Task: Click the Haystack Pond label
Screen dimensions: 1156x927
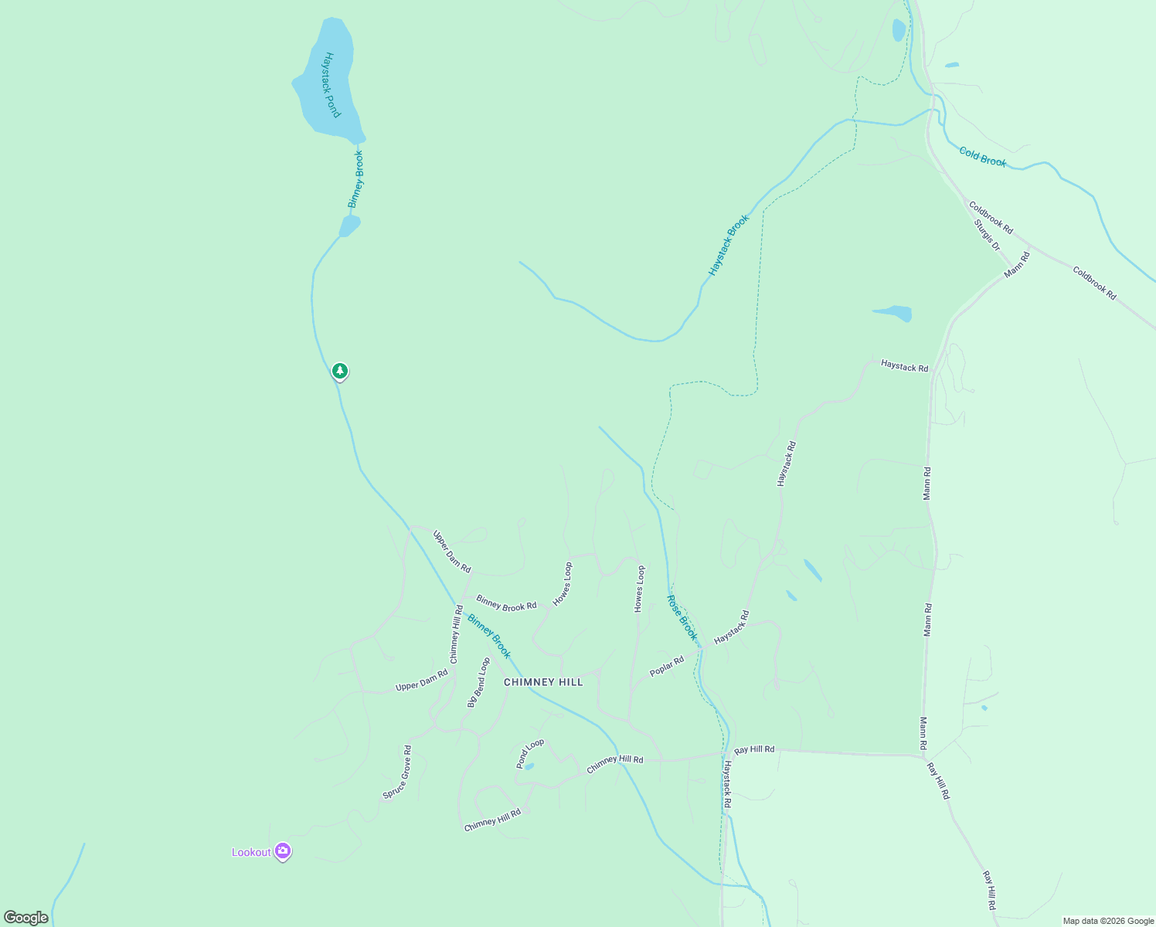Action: click(x=331, y=85)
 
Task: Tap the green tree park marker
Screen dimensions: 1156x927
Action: click(x=339, y=372)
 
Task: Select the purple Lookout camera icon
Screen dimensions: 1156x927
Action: click(x=283, y=851)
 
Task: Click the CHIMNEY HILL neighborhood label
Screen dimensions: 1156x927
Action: click(x=543, y=682)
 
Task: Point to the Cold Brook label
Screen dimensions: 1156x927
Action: click(x=983, y=157)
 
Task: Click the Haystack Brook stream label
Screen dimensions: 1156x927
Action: click(x=729, y=246)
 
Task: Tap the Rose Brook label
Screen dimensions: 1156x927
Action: click(x=682, y=617)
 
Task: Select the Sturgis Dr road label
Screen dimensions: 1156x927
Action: click(x=987, y=235)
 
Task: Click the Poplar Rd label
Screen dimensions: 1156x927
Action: click(x=667, y=666)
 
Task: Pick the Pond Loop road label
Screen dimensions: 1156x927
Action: click(x=530, y=753)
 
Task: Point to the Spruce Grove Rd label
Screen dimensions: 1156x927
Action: click(x=397, y=772)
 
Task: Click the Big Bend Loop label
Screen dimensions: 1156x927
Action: click(x=478, y=682)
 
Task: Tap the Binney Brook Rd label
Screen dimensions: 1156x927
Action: click(x=506, y=603)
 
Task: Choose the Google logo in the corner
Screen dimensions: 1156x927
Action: click(x=26, y=918)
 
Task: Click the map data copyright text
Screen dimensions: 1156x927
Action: click(x=1108, y=921)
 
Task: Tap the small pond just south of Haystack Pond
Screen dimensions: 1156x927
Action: click(x=349, y=226)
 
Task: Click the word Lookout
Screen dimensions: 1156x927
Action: click(x=251, y=852)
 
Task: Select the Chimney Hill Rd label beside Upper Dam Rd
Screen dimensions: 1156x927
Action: click(x=456, y=634)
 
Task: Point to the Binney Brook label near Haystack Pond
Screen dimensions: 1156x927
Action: click(x=355, y=179)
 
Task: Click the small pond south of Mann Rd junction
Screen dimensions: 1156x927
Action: click(x=893, y=313)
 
